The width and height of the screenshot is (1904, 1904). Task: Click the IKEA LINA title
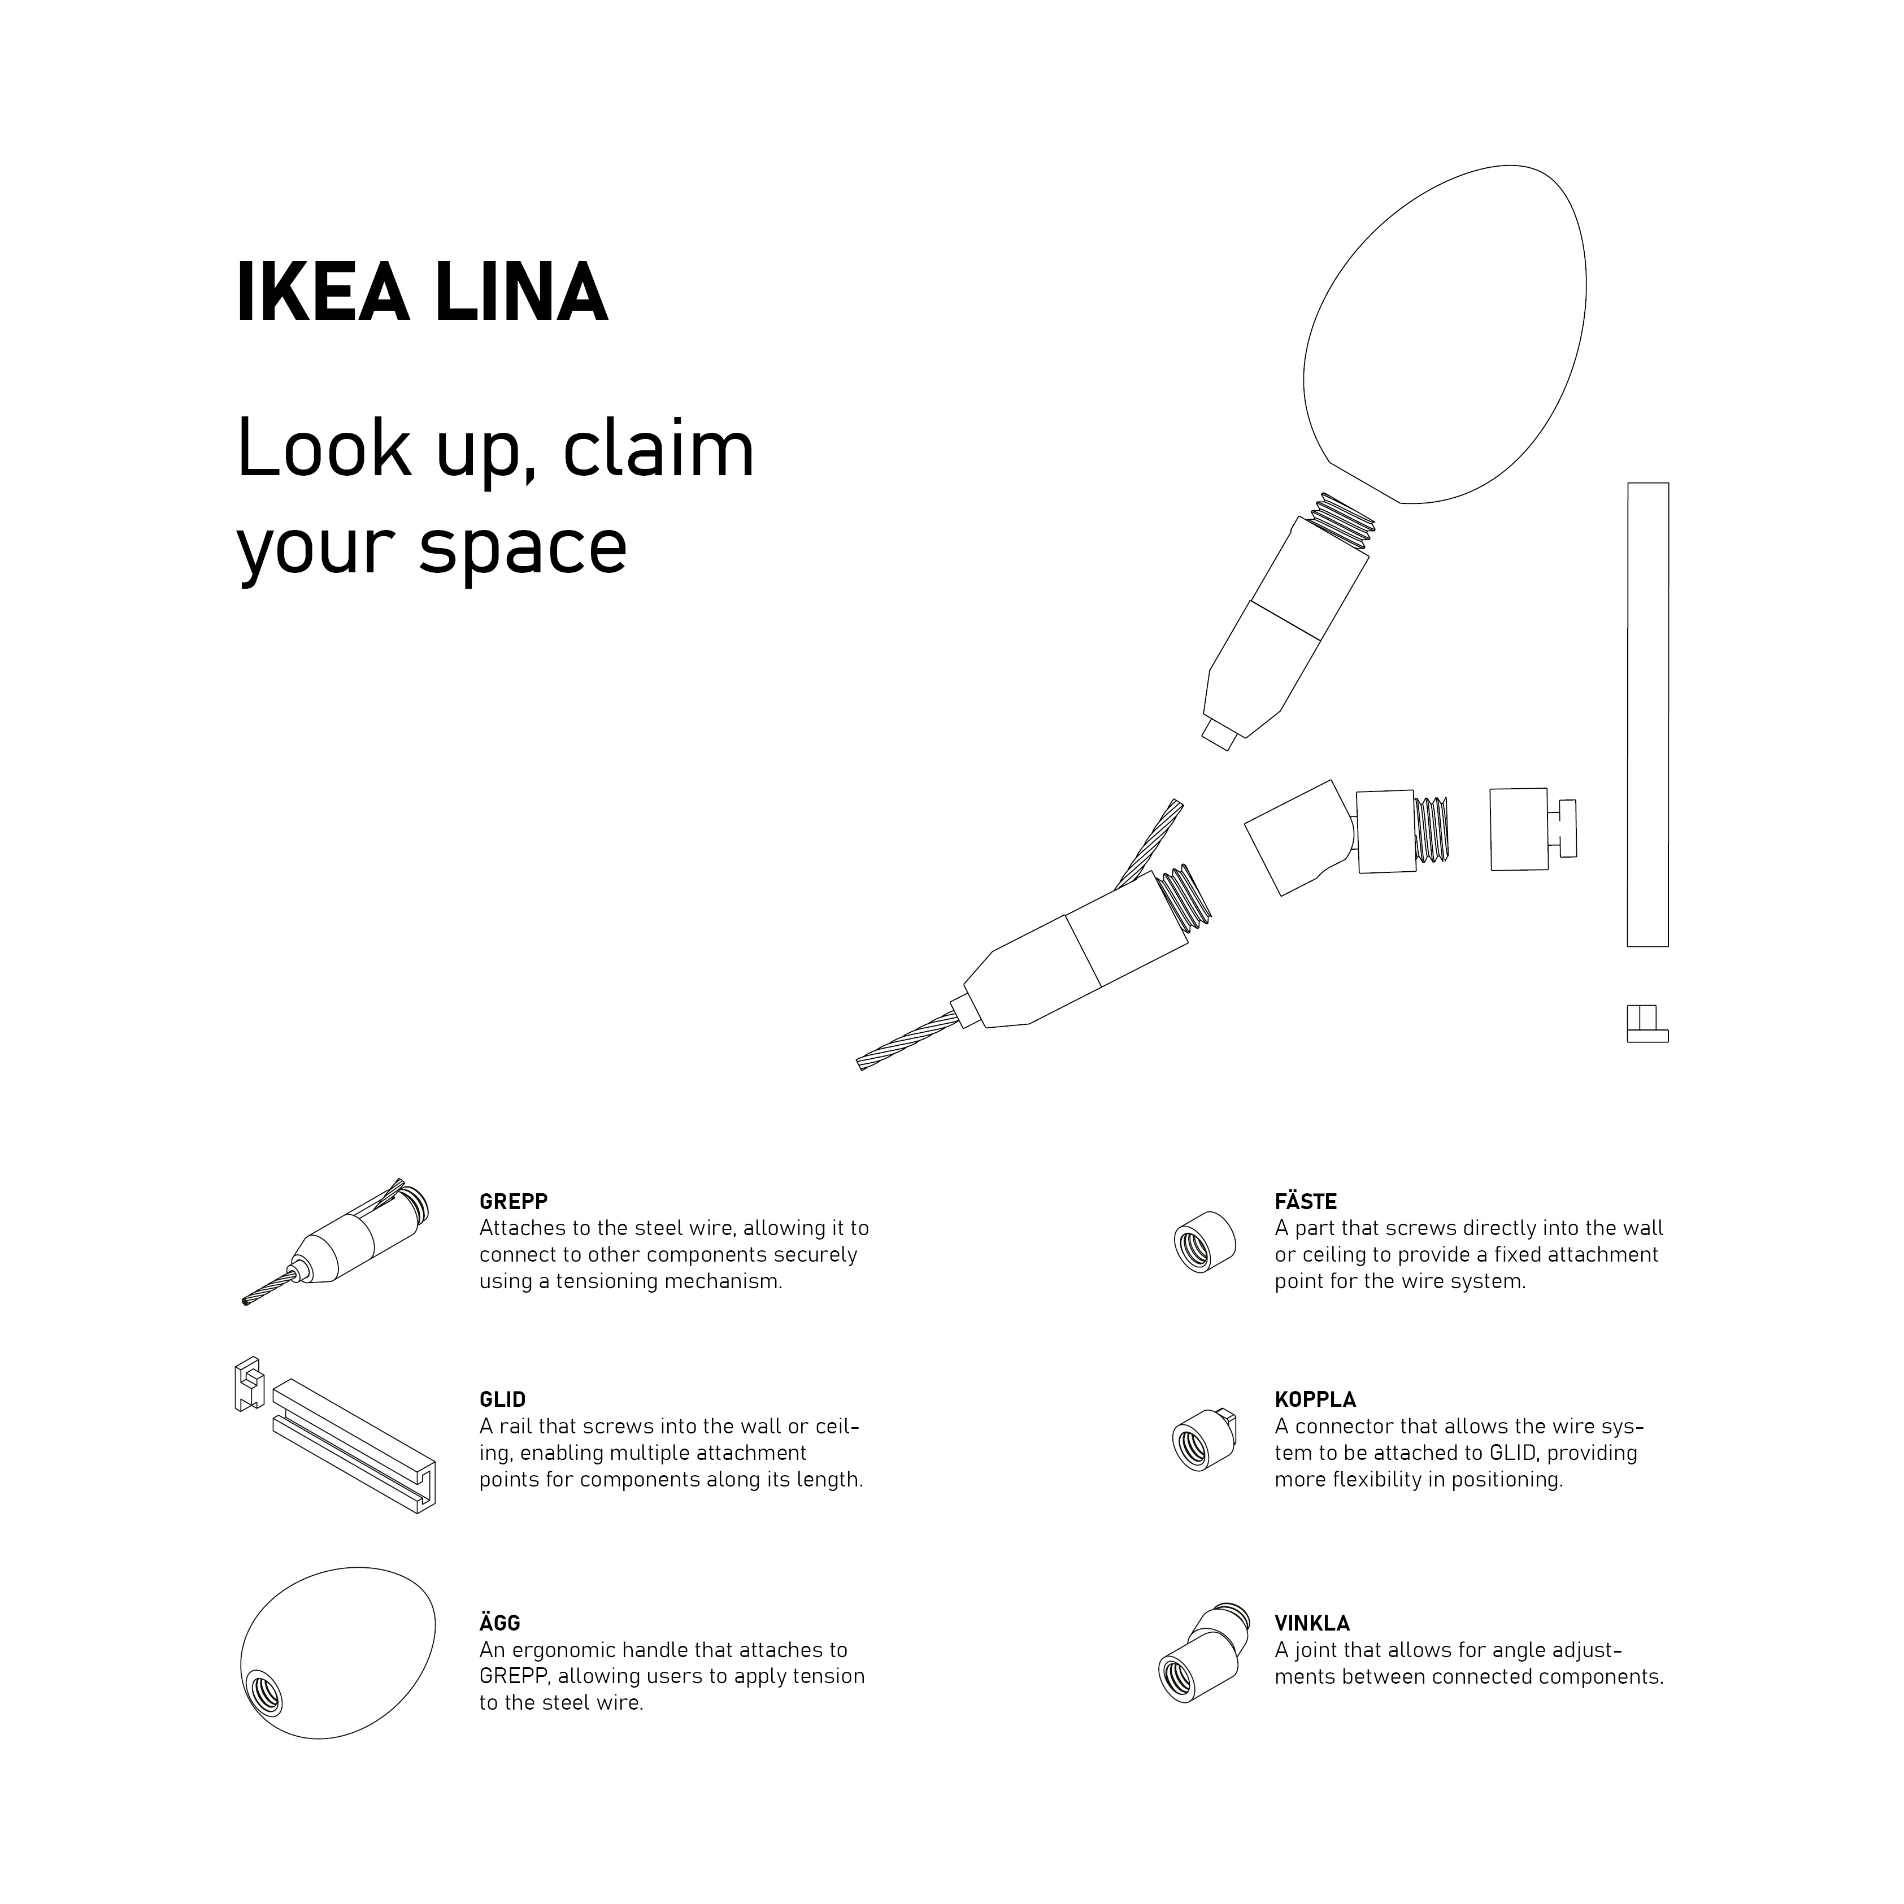click(x=422, y=293)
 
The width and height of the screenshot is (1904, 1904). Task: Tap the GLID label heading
click(x=503, y=1399)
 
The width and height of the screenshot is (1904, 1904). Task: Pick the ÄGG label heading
click(x=499, y=1621)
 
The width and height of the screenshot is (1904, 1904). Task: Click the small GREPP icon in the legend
click(x=335, y=1242)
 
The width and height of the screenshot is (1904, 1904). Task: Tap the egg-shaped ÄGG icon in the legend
click(x=337, y=1651)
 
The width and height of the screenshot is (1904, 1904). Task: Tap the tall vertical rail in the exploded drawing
click(x=1647, y=715)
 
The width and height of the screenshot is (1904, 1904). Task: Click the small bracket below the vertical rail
click(x=1647, y=1024)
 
